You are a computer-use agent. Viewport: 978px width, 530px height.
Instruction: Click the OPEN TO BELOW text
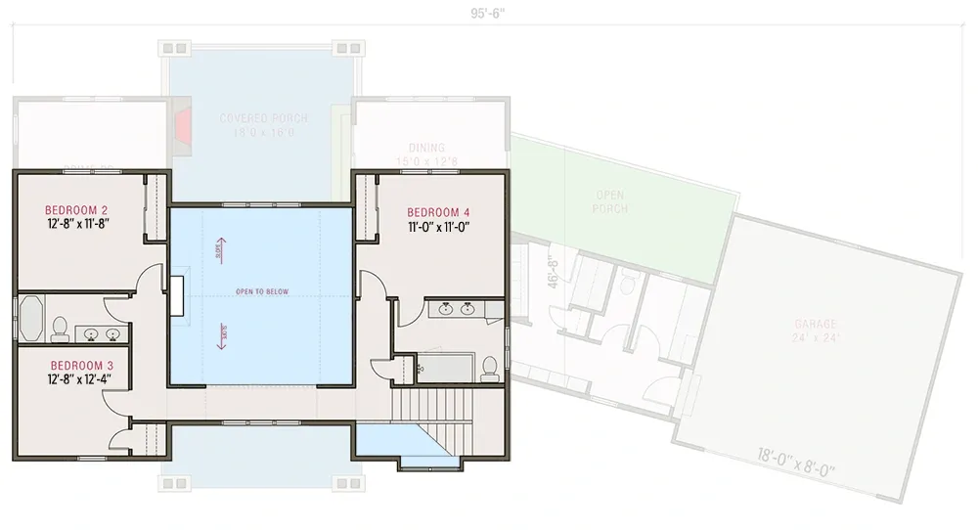point(260,291)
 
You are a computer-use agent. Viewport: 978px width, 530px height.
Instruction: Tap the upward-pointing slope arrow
point(219,248)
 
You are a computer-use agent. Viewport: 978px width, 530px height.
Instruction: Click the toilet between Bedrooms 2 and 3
point(58,329)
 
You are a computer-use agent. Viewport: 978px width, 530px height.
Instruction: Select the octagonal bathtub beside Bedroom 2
point(29,317)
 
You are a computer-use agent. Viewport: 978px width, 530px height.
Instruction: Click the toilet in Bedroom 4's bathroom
point(489,367)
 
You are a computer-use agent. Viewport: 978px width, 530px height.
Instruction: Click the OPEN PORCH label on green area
point(610,201)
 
